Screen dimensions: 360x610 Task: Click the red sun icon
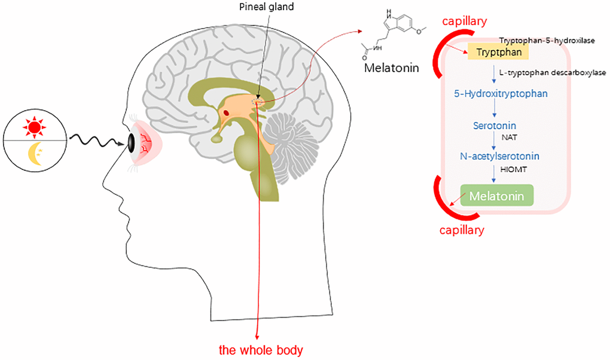(34, 127)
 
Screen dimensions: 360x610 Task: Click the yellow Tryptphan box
(502, 52)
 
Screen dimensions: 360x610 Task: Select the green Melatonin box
(497, 196)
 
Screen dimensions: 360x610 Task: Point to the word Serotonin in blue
(495, 126)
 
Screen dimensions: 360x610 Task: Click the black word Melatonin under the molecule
(392, 67)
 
